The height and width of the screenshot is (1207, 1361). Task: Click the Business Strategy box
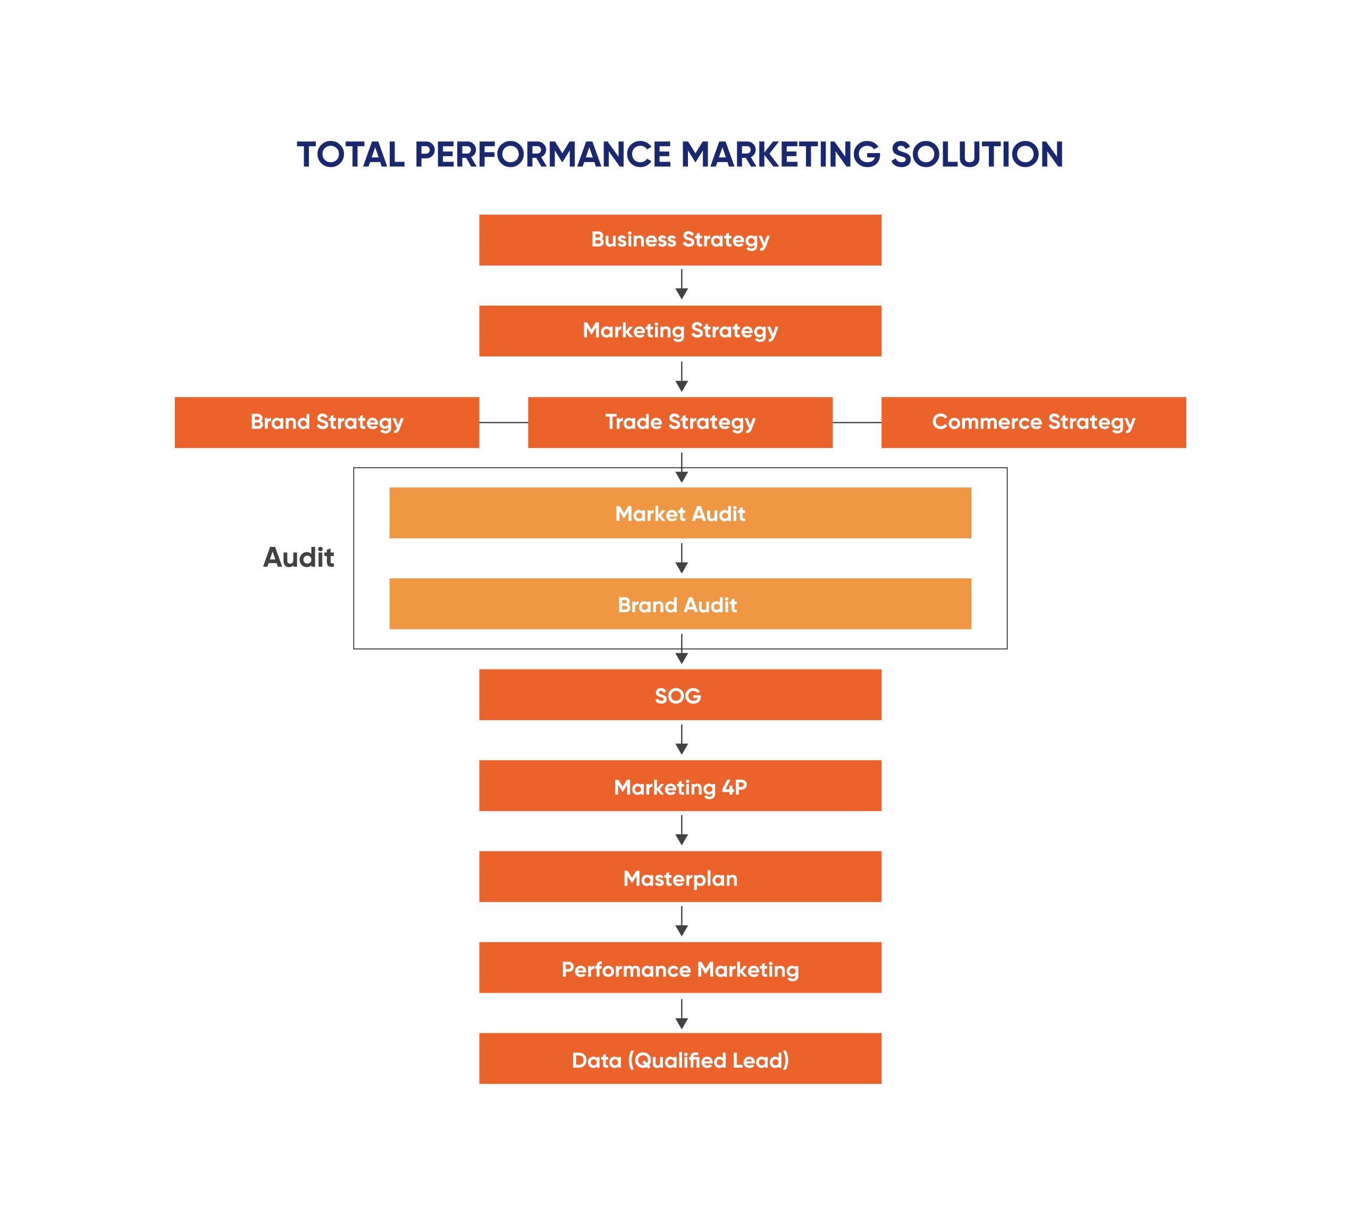(x=680, y=240)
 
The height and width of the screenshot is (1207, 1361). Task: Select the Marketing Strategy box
(x=680, y=331)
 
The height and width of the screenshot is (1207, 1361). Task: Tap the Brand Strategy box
(x=326, y=422)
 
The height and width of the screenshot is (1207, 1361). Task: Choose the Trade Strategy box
(x=680, y=422)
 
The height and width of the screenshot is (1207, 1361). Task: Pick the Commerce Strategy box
(x=1034, y=422)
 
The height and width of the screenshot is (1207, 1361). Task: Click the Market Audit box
(x=680, y=513)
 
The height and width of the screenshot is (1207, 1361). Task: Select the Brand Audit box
(x=680, y=604)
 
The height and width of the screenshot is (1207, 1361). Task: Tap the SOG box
(x=680, y=695)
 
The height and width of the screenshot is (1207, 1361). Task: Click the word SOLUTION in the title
(x=976, y=155)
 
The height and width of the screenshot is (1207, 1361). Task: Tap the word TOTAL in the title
(x=350, y=155)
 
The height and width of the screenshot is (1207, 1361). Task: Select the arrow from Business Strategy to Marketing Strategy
(x=681, y=285)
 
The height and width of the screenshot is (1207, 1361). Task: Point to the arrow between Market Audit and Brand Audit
(x=681, y=559)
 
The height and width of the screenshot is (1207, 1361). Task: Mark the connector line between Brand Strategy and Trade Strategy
(x=503, y=422)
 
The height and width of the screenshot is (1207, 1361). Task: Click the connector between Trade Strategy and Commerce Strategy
(x=857, y=422)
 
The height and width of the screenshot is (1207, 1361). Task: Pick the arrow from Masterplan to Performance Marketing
(x=681, y=922)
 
